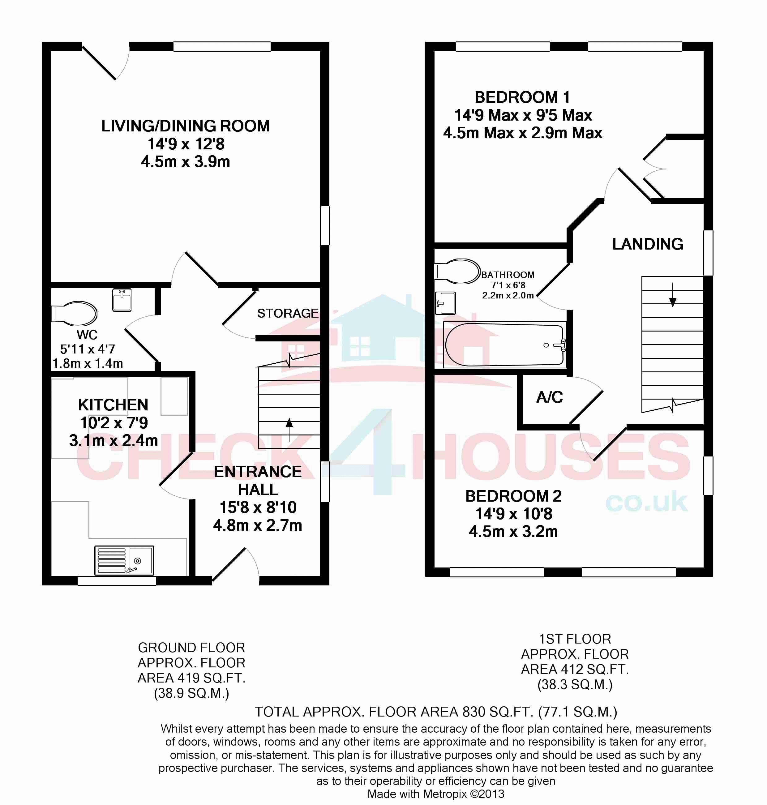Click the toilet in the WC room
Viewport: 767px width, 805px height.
(74, 314)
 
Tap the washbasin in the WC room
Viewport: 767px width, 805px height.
(122, 300)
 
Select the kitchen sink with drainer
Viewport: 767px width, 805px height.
(124, 560)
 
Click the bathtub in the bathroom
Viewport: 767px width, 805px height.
(505, 345)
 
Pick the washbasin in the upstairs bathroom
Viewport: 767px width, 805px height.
(445, 303)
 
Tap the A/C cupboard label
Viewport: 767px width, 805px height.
(550, 397)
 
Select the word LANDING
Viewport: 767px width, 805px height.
(648, 244)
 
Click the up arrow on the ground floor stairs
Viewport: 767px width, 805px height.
(289, 429)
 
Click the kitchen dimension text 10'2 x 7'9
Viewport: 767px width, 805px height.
(114, 423)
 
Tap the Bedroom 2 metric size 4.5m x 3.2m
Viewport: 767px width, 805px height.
(513, 532)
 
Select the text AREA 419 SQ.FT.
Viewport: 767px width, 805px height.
(191, 678)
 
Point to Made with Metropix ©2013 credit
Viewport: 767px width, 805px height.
(436, 794)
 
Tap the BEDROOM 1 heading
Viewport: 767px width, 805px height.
(522, 97)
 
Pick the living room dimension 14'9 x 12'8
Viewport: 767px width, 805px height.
(186, 144)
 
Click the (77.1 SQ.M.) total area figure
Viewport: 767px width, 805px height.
(578, 712)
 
